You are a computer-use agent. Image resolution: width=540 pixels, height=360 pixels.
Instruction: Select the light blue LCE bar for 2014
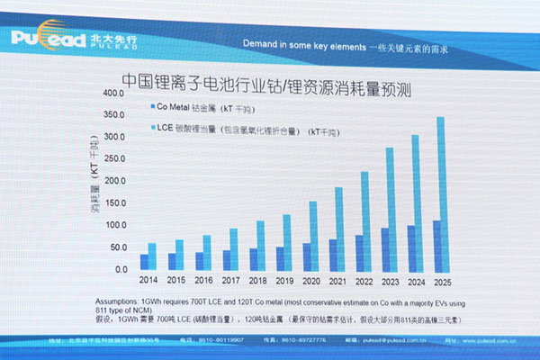(x=152, y=256)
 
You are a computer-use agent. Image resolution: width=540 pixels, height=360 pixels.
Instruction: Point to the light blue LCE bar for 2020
(x=312, y=235)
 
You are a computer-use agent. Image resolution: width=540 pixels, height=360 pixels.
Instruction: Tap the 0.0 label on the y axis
(x=120, y=269)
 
